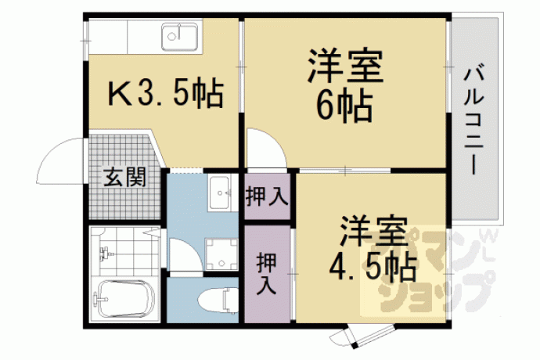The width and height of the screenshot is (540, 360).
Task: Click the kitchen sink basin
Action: [180, 36]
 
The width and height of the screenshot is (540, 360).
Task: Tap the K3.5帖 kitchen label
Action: [166, 94]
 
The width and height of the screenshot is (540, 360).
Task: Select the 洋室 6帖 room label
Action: [345, 86]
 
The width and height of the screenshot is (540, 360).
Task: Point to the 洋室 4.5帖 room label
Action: [373, 249]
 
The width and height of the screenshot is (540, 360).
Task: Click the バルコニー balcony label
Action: [474, 121]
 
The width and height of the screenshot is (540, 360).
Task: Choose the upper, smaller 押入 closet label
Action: [267, 196]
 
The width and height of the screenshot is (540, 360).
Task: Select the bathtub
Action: [124, 299]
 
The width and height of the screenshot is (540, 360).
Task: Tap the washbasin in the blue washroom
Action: [221, 193]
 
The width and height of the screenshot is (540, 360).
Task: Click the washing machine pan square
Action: [221, 254]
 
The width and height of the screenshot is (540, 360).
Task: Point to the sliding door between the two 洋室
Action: [345, 171]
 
